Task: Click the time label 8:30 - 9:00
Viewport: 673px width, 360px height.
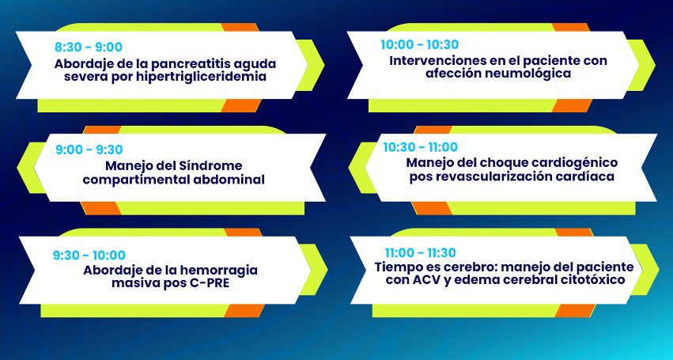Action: pyautogui.click(x=89, y=47)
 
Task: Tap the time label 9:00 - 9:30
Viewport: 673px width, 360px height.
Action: pyautogui.click(x=89, y=150)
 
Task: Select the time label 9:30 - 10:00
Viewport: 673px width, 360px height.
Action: pyautogui.click(x=89, y=256)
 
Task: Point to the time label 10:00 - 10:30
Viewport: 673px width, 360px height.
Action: pyautogui.click(x=420, y=44)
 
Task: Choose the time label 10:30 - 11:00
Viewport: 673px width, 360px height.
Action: pyautogui.click(x=420, y=147)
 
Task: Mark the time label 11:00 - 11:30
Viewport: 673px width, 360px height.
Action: pyautogui.click(x=420, y=252)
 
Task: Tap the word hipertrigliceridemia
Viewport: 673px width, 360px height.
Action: pyautogui.click(x=202, y=77)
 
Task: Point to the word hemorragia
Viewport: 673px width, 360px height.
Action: pyautogui.click(x=218, y=271)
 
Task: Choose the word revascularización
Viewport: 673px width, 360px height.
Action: pyautogui.click(x=498, y=176)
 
